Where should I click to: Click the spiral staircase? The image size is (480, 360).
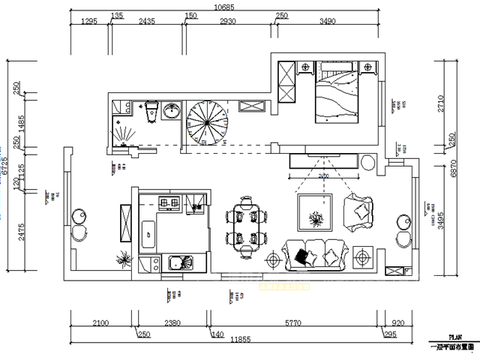pos(206,123)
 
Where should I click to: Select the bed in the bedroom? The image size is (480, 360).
pos(337,97)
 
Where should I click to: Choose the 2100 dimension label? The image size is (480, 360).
pos(100,323)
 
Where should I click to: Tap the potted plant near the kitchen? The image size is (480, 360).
pos(122,259)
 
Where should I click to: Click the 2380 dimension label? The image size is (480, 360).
pos(172,323)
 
